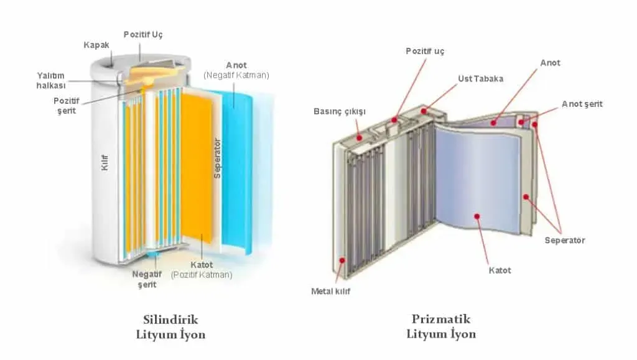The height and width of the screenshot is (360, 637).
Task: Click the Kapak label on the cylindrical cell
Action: click(x=96, y=45)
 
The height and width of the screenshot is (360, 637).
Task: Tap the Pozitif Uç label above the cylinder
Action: click(x=143, y=34)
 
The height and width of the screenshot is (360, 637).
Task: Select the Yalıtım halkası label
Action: click(x=51, y=80)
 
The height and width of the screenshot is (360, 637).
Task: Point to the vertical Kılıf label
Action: click(x=105, y=162)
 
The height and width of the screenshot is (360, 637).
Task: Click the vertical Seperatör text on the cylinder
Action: click(x=217, y=159)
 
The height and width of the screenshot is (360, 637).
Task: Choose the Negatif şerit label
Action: click(x=147, y=279)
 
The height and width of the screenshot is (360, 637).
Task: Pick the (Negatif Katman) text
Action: click(x=236, y=75)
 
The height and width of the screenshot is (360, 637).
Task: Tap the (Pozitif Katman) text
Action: click(x=202, y=275)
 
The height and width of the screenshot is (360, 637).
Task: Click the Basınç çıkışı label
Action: click(x=340, y=112)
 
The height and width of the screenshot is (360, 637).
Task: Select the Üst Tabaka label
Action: click(x=481, y=79)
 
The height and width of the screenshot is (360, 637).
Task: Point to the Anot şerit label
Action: click(x=582, y=104)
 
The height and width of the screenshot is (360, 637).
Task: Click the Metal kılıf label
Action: click(x=330, y=291)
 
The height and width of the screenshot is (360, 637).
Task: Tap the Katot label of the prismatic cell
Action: click(x=500, y=270)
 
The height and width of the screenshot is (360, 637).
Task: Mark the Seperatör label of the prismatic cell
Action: click(x=565, y=240)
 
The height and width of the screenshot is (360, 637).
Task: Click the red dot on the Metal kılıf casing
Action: click(x=342, y=260)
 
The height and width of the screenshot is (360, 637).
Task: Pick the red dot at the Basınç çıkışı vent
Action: click(x=359, y=138)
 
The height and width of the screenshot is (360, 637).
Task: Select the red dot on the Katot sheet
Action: click(x=477, y=216)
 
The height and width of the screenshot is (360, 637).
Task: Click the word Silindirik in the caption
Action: click(x=170, y=320)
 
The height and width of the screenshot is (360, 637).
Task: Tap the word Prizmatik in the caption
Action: click(x=441, y=319)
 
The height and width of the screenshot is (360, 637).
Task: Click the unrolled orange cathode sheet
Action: click(x=196, y=167)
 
